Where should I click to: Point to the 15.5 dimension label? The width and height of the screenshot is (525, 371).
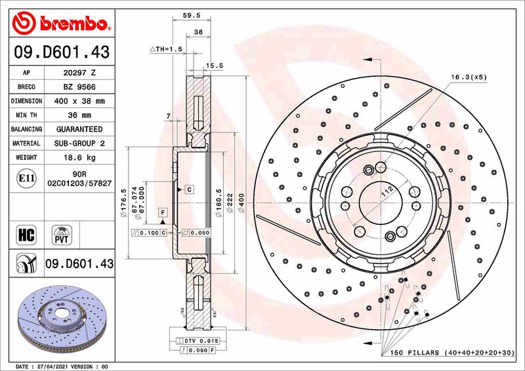[x=215, y=66]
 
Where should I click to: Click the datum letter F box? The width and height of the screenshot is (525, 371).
[x=162, y=212]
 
